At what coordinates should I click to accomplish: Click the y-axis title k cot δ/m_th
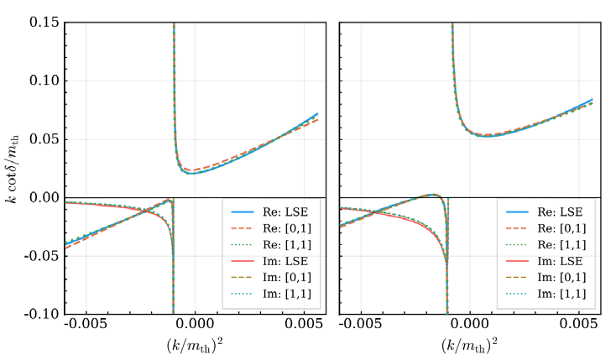(x=12, y=168)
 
